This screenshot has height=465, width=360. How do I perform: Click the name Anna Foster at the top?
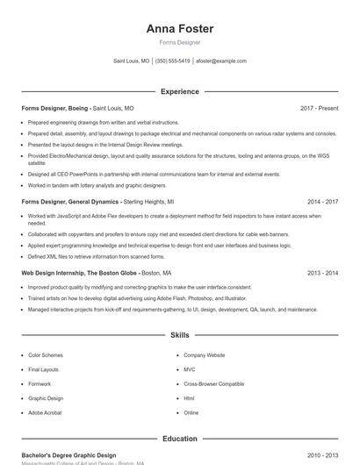[179, 29]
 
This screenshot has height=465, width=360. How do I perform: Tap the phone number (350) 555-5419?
[173, 61]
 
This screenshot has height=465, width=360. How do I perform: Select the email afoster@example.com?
[221, 61]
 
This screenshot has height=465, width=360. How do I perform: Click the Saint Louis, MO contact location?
[132, 61]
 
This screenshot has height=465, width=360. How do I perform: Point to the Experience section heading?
[179, 91]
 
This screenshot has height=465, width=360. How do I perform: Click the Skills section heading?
[179, 335]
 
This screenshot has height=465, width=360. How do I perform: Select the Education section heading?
[179, 439]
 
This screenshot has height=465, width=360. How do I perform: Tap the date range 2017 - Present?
[319, 108]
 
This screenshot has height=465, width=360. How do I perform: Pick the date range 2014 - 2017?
[322, 201]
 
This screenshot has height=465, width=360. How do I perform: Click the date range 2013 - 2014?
[322, 273]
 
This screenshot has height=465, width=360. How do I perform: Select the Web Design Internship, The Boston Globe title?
[80, 273]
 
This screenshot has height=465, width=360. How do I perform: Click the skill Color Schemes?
[45, 355]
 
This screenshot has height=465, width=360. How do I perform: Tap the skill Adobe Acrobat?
[45, 412]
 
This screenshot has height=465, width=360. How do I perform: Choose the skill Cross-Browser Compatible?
[213, 383]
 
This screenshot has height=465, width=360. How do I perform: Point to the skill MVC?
[189, 369]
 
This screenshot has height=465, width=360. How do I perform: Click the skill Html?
[189, 398]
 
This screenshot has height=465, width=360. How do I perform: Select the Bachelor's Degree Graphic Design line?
[68, 455]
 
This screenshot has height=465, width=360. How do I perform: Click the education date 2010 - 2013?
[322, 455]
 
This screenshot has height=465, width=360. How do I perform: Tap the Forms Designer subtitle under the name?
[179, 42]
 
